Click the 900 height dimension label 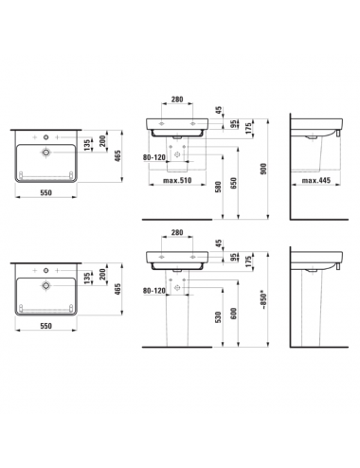(x=264, y=169)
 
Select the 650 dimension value (x=234, y=184)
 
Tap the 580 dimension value (x=218, y=187)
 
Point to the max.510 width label (x=177, y=181)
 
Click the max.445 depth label (x=316, y=180)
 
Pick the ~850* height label (x=264, y=301)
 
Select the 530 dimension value (x=218, y=317)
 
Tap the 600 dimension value (x=234, y=314)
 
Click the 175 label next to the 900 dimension (x=248, y=129)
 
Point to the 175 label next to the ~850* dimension (x=248, y=261)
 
